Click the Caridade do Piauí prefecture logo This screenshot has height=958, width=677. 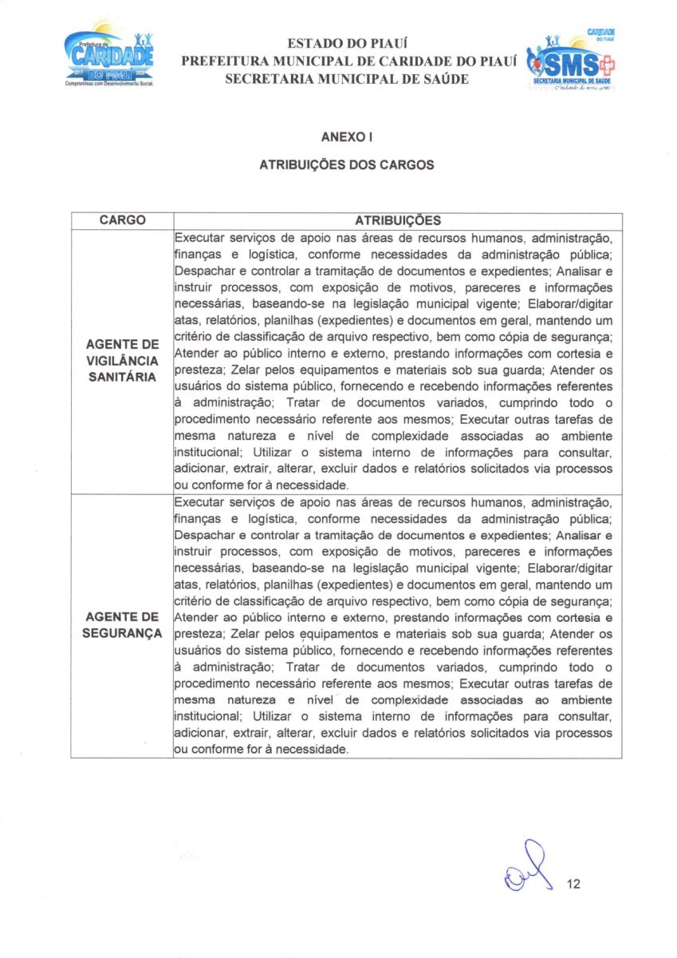pyautogui.click(x=109, y=59)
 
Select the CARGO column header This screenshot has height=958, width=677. pyautogui.click(x=122, y=220)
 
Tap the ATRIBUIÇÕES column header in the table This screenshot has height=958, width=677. pyautogui.click(x=397, y=220)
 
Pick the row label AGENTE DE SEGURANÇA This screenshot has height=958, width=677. pyautogui.click(x=122, y=625)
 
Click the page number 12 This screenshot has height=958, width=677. pyautogui.click(x=573, y=885)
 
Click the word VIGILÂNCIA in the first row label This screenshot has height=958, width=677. pyautogui.click(x=122, y=361)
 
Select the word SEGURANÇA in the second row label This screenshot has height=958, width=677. pyautogui.click(x=122, y=633)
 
